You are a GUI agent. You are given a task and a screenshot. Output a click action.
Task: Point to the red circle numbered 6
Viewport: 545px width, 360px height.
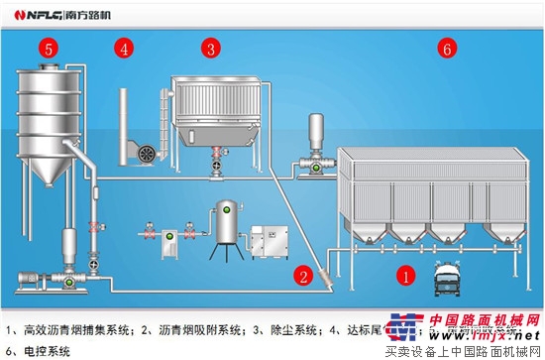click(x=447, y=48)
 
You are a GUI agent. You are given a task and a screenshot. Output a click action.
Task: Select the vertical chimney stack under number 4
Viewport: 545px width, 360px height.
click(x=123, y=124)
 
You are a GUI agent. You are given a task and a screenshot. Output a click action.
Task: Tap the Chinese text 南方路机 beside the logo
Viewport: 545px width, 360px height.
click(x=101, y=15)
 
